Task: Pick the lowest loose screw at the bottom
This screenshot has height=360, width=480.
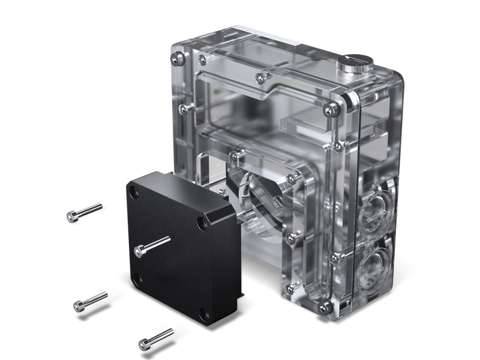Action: [155, 338]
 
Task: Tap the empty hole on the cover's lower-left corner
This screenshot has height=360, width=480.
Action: [137, 278]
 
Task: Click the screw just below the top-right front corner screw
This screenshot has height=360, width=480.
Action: [337, 145]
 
